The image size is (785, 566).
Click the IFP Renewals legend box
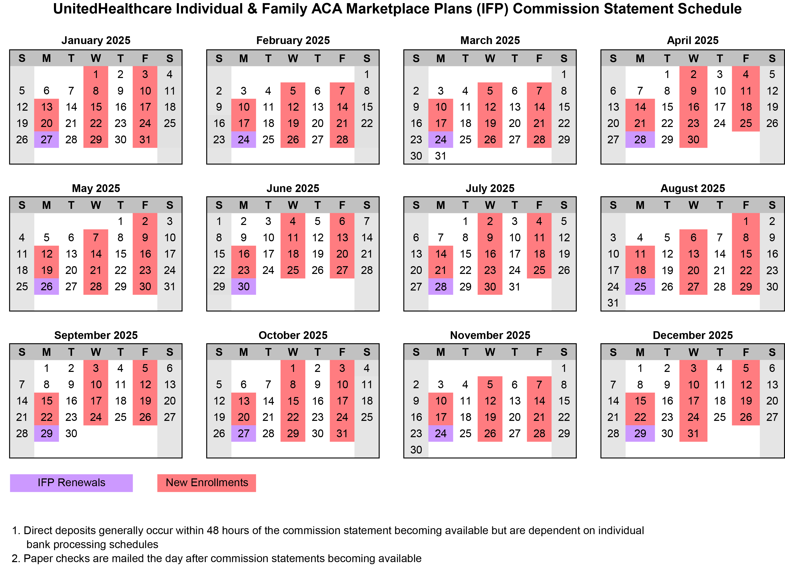(x=71, y=483)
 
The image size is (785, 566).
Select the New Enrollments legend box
(x=207, y=483)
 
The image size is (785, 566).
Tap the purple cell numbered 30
(x=244, y=286)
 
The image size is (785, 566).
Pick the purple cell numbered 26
(x=47, y=286)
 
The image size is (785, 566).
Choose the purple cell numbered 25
(x=640, y=286)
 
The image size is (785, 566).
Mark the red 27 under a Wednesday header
(x=693, y=286)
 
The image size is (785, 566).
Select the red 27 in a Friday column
(x=342, y=270)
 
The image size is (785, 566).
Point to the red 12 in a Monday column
(x=47, y=254)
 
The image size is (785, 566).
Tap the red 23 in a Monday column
(x=244, y=270)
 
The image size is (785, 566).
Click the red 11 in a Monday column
(x=640, y=254)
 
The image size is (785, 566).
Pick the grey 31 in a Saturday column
(x=170, y=286)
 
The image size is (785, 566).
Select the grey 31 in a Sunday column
(x=613, y=303)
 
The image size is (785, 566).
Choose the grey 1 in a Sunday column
(x=219, y=221)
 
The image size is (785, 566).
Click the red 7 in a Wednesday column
(x=96, y=237)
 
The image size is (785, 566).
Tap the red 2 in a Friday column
(x=145, y=221)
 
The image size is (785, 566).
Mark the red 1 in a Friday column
(x=746, y=221)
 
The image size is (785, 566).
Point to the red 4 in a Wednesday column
(x=293, y=221)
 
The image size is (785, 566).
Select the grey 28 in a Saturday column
(x=366, y=270)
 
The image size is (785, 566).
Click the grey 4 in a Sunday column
(x=22, y=237)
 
